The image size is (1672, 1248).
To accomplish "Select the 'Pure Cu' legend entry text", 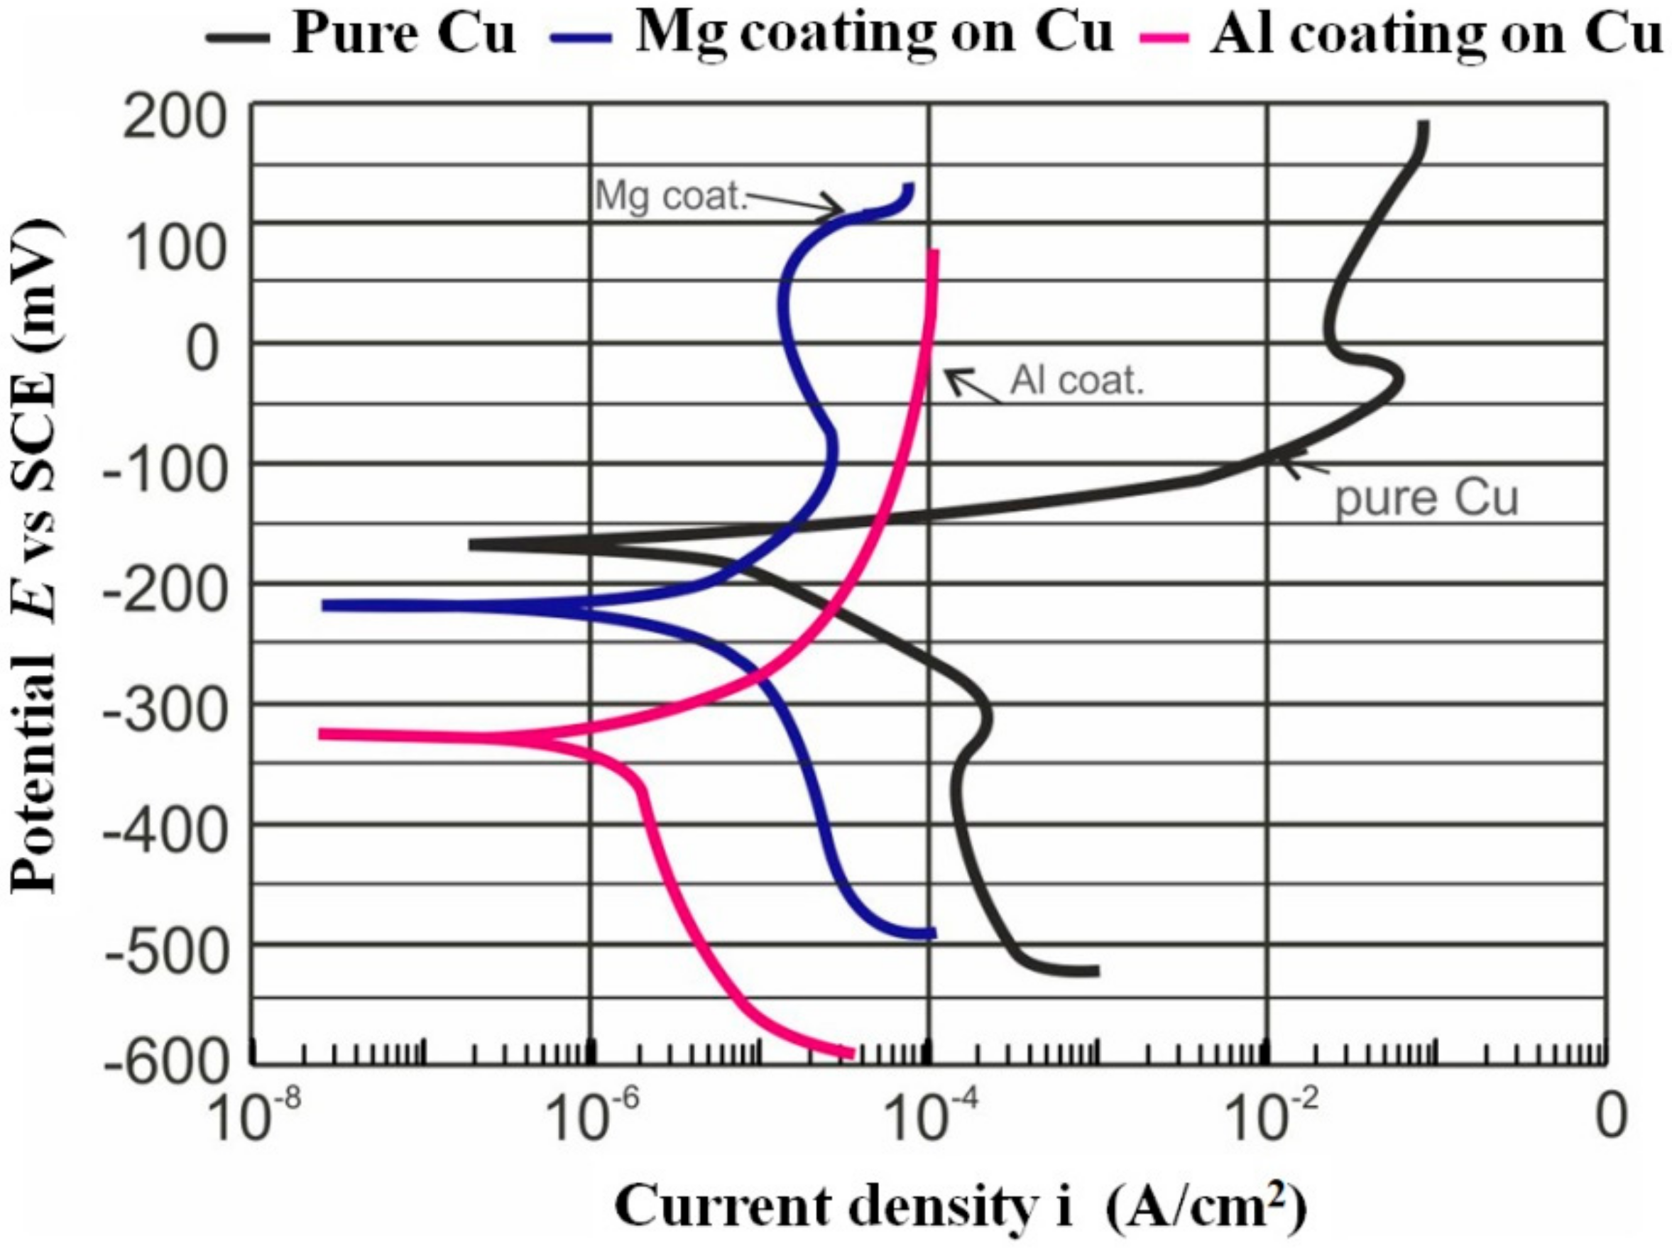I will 403,34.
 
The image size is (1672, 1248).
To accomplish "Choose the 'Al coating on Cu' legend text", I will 1436,34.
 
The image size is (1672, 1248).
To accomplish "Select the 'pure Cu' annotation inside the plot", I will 1426,498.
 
